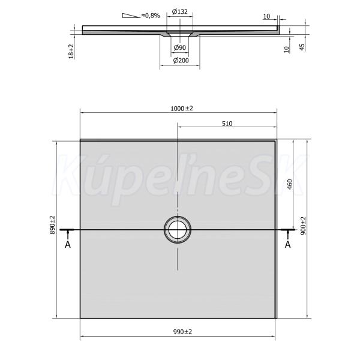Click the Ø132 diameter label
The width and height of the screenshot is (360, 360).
pyautogui.click(x=180, y=11)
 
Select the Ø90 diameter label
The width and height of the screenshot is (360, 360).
pyautogui.click(x=180, y=47)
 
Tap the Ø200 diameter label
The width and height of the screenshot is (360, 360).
pyautogui.click(x=181, y=61)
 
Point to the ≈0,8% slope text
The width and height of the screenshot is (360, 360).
pyautogui.click(x=151, y=16)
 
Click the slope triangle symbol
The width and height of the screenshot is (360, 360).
pyautogui.click(x=131, y=16)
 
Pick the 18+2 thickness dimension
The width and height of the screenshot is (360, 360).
pyautogui.click(x=71, y=51)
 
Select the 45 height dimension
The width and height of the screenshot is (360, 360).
pyautogui.click(x=302, y=47)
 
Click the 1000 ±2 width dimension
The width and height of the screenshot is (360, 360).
pyautogui.click(x=182, y=109)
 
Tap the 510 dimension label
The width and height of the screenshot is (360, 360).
pyautogui.click(x=227, y=124)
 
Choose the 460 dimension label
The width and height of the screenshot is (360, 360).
pyautogui.click(x=290, y=184)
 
